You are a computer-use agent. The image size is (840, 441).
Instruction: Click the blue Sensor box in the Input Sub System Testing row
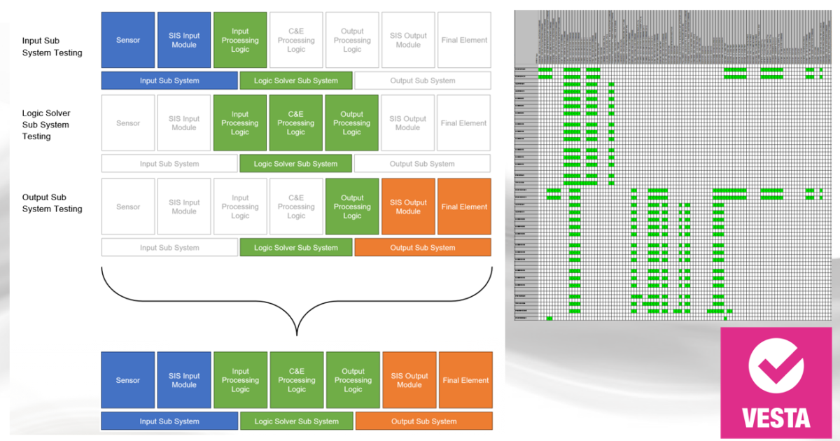[128, 40]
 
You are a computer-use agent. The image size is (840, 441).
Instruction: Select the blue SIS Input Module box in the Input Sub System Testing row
[184, 40]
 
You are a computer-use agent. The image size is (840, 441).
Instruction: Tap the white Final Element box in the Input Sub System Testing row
[464, 40]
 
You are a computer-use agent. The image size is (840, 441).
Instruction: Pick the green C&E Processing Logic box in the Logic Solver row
[296, 123]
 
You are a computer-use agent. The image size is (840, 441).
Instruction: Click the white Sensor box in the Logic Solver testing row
[128, 123]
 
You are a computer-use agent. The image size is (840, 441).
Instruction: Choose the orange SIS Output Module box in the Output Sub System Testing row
[408, 206]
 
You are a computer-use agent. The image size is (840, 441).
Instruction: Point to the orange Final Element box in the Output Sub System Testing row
[464, 206]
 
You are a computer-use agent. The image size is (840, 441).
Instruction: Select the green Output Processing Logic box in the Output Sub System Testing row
[352, 206]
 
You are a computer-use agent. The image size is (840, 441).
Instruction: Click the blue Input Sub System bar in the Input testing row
[169, 80]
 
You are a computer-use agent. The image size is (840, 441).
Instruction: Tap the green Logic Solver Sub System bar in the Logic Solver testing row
[295, 164]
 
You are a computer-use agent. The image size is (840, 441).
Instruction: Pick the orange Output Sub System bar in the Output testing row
[423, 248]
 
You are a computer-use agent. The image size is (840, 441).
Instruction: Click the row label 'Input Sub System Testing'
[52, 47]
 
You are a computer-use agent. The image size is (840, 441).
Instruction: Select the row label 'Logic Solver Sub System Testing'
[46, 125]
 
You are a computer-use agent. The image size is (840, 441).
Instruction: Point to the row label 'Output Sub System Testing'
[52, 203]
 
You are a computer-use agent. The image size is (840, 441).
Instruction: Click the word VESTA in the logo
[776, 418]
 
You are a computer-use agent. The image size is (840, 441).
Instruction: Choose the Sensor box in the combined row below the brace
[128, 380]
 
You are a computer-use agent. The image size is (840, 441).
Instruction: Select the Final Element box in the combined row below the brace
[465, 380]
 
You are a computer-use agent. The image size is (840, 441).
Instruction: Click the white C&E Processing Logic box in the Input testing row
[296, 40]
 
